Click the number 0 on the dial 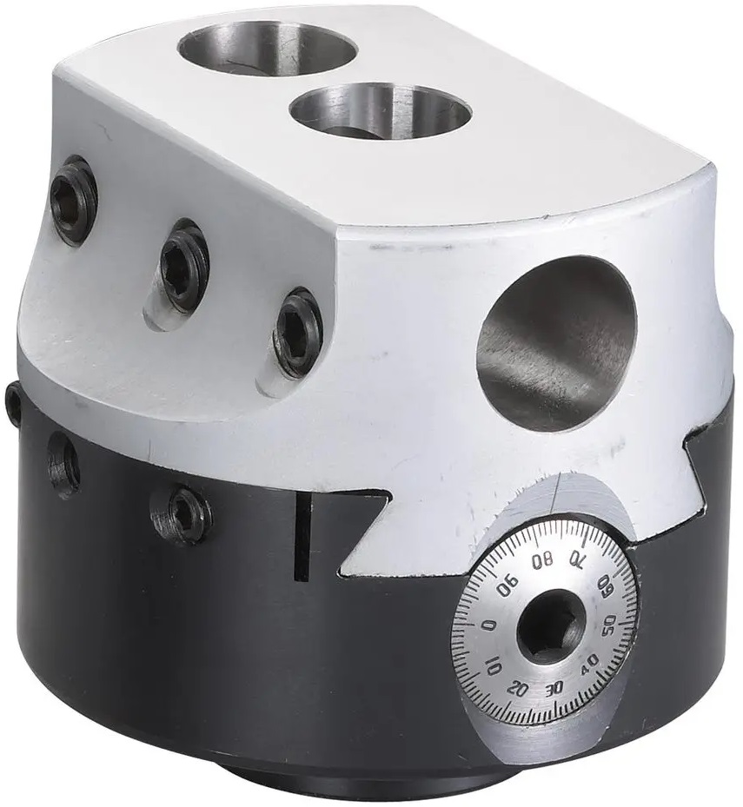pyautogui.click(x=489, y=626)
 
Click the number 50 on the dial pyautogui.click(x=608, y=625)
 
